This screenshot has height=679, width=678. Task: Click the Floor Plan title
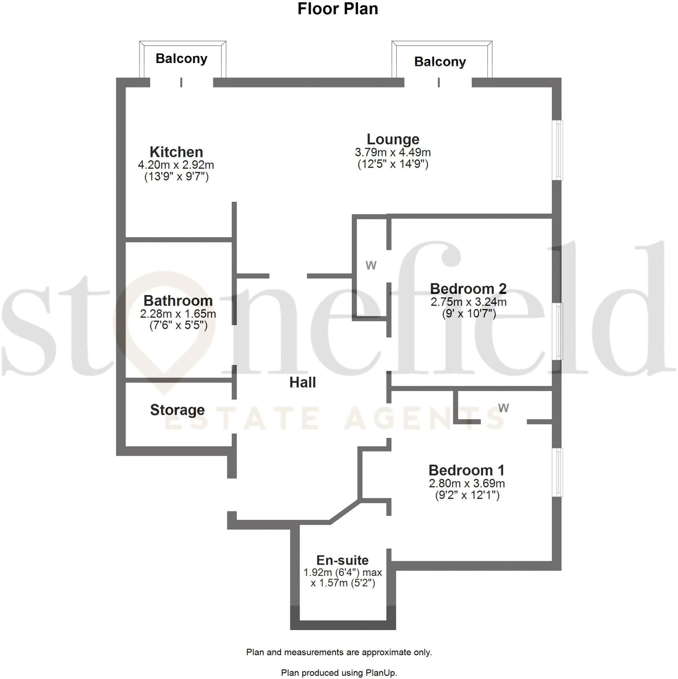click(x=338, y=9)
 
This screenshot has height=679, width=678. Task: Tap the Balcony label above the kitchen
click(x=181, y=58)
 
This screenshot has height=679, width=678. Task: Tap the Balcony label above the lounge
click(x=440, y=62)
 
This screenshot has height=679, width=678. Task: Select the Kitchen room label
click(x=176, y=152)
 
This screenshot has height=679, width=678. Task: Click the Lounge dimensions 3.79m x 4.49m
click(x=393, y=153)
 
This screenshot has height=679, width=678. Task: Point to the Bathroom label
click(x=178, y=301)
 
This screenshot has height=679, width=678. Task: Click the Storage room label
click(x=177, y=410)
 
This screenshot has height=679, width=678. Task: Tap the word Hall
click(x=303, y=382)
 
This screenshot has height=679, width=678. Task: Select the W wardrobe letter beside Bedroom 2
click(x=371, y=266)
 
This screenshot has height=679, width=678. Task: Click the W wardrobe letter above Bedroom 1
click(x=503, y=408)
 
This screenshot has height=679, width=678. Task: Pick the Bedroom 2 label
click(x=468, y=289)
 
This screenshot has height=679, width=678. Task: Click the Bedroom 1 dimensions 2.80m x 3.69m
click(x=467, y=484)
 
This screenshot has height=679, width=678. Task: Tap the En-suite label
click(x=343, y=560)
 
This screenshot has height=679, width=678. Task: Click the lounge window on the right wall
click(x=557, y=151)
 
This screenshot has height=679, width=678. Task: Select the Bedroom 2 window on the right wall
click(x=557, y=332)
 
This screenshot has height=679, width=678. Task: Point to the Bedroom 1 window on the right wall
click(x=557, y=472)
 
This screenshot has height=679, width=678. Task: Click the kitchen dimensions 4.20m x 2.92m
click(x=176, y=165)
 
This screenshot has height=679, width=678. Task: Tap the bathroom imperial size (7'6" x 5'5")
click(x=178, y=326)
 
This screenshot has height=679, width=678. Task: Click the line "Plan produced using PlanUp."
click(x=339, y=673)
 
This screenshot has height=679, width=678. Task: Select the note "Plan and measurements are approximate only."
click(x=339, y=652)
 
